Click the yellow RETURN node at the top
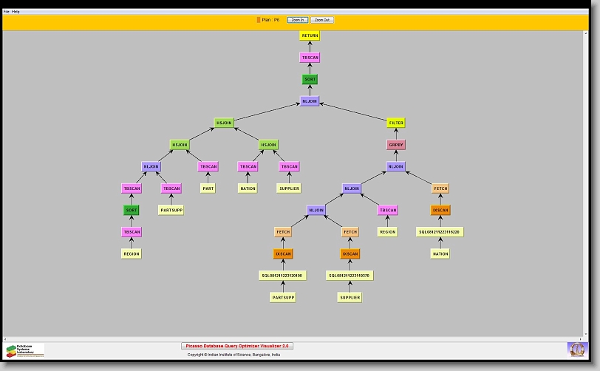[310, 35]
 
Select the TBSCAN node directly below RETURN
[310, 57]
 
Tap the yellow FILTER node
[396, 123]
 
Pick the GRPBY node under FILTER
[396, 145]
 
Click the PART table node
[208, 188]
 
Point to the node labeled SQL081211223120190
[282, 276]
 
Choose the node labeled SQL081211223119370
[350, 276]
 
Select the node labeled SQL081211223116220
[440, 232]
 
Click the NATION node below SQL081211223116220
[440, 253]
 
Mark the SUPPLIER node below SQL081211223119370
[350, 298]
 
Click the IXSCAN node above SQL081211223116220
[440, 210]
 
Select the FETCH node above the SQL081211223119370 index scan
[350, 232]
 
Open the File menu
[7, 12]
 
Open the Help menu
[16, 12]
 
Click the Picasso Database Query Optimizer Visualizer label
[237, 346]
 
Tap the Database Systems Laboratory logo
[24, 350]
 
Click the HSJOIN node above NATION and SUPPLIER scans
[268, 145]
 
